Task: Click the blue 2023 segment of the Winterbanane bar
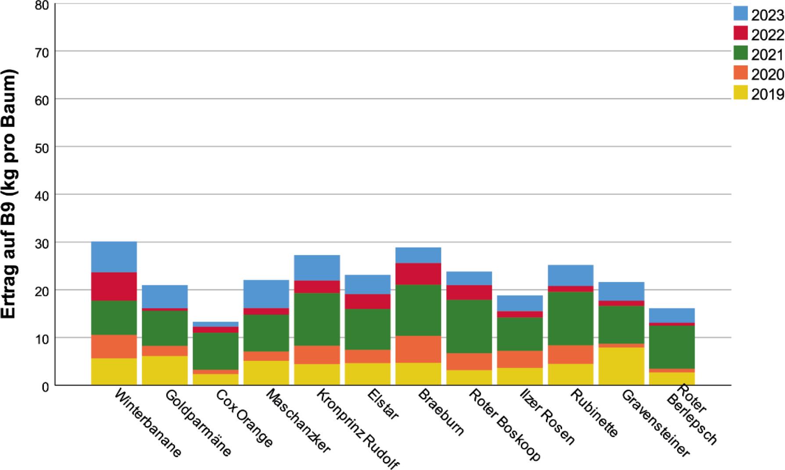coord(114,257)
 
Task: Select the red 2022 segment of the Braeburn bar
coord(418,274)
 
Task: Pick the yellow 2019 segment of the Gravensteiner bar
coord(621,366)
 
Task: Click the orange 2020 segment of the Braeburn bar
coord(418,349)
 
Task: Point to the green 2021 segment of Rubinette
coord(570,318)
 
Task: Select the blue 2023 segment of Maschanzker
coord(266,294)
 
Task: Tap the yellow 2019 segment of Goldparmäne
coord(165,370)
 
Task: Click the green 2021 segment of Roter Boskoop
coord(469,326)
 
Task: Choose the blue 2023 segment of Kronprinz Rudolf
coord(317,268)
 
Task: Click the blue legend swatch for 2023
coord(740,13)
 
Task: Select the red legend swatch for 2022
coord(740,33)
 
